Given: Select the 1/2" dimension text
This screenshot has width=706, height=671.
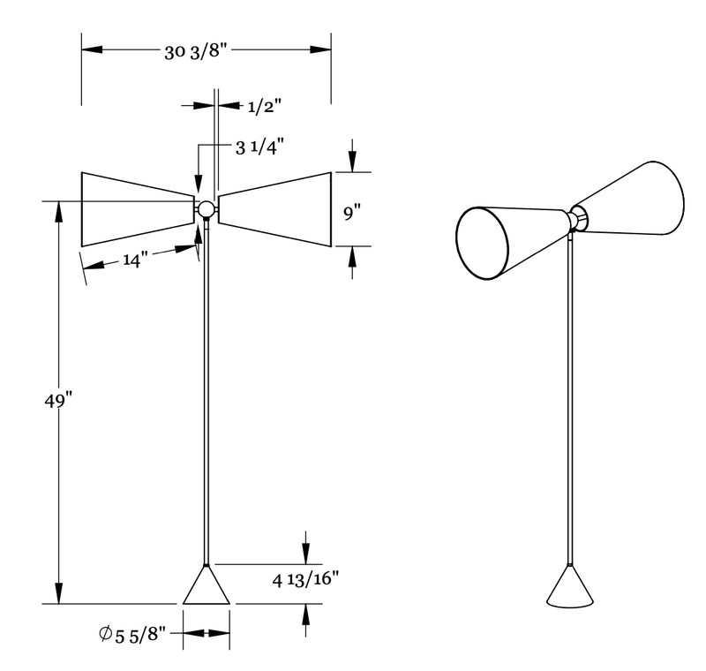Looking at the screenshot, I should pos(264,107).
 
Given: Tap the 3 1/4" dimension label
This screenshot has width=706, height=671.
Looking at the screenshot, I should pos(260,147).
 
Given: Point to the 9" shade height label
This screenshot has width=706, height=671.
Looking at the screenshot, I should pos(352,212).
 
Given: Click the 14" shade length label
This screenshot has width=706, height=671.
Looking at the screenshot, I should pos(136,261).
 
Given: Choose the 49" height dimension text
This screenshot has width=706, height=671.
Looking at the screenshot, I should pos(57,400).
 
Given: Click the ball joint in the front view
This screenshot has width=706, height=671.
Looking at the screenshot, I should pos(207,209).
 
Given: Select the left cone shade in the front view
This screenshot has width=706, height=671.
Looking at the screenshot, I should pos(137,208).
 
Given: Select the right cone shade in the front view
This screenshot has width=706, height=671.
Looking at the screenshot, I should pos(275,208).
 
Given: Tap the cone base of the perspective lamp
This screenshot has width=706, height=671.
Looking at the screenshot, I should pos(571,590).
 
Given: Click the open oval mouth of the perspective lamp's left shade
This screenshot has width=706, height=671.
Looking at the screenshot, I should pos(483,243).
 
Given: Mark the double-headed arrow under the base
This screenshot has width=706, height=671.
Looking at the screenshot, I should pos(207,633).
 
